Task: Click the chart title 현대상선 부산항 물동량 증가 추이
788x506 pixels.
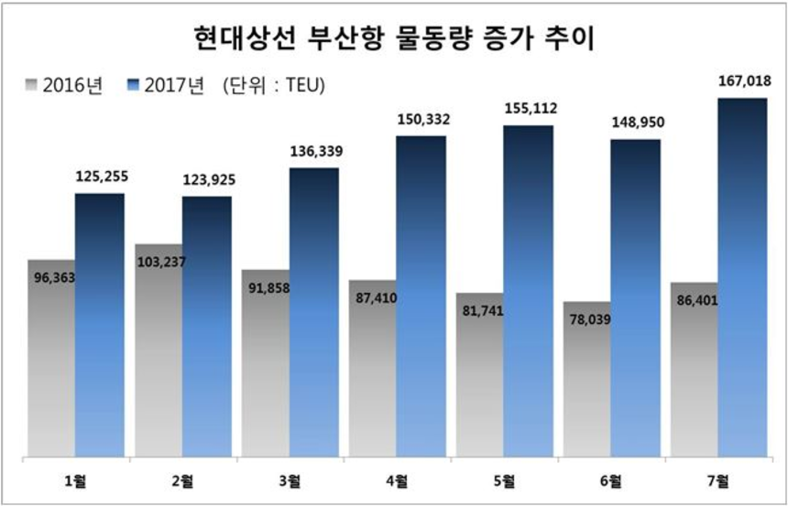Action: pos(394,37)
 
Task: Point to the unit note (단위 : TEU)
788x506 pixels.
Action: pos(274,86)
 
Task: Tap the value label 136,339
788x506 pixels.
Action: pos(313,152)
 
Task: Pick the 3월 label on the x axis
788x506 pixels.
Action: pos(290,480)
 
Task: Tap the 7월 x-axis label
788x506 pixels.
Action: pos(717,480)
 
